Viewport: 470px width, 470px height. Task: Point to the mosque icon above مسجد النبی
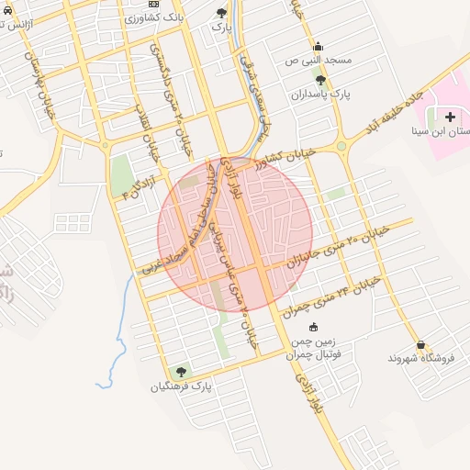point(318,47)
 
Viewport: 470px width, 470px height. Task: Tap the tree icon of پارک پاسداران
point(319,81)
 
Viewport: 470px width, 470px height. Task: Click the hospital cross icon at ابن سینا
point(450,117)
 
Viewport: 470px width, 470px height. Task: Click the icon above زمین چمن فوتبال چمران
point(314,327)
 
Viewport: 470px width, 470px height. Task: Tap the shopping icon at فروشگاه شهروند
point(421,344)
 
